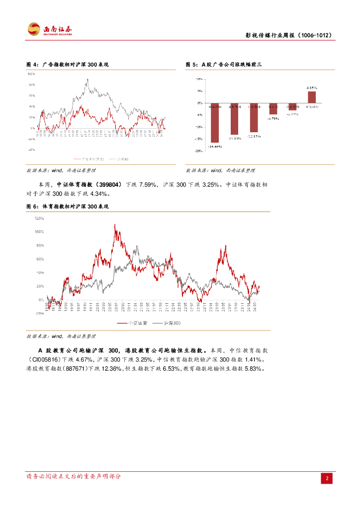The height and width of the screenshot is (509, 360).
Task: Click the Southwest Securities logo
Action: [x=49, y=30]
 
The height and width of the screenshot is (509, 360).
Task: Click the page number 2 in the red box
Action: [x=327, y=478]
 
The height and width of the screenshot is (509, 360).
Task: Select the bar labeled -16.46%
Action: [x=214, y=124]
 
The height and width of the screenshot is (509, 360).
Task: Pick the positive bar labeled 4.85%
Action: [x=312, y=98]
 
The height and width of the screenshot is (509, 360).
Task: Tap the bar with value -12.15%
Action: [x=254, y=118]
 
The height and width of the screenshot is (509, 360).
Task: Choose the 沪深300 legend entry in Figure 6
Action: [x=168, y=323]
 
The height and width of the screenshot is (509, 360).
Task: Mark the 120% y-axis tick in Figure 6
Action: [x=39, y=218]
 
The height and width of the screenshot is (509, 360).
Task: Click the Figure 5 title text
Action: [x=223, y=65]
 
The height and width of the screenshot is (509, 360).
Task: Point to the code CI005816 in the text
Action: [x=44, y=359]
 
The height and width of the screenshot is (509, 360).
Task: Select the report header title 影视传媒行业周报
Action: [x=288, y=35]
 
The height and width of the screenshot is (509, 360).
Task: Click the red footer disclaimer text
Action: [x=73, y=476]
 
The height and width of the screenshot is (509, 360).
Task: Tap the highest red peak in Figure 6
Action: [x=115, y=225]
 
